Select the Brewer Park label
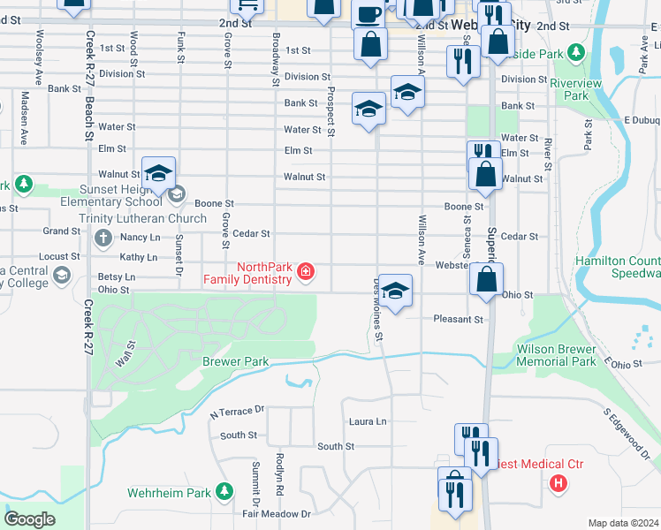tap(235, 362)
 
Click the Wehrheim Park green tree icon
tap(225, 489)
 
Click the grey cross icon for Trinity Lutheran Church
tap(103, 238)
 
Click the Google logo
tap(29, 519)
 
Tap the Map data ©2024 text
tap(622, 523)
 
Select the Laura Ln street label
tap(368, 422)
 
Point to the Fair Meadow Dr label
tap(277, 513)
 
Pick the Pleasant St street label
tap(459, 319)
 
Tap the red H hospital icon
tap(558, 483)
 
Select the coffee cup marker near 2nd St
tap(368, 14)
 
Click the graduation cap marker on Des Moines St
tap(395, 290)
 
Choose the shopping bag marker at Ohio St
tap(486, 279)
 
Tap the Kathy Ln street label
tap(138, 257)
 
